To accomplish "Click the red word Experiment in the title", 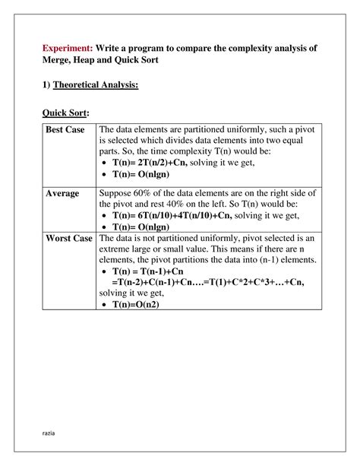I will click(67, 47).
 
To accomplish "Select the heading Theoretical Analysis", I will click(96, 85).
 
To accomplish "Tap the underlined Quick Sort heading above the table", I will click(65, 113).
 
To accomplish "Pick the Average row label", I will click(62, 194).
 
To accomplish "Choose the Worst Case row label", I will click(69, 239).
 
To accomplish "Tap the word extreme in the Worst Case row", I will click(119, 249).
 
